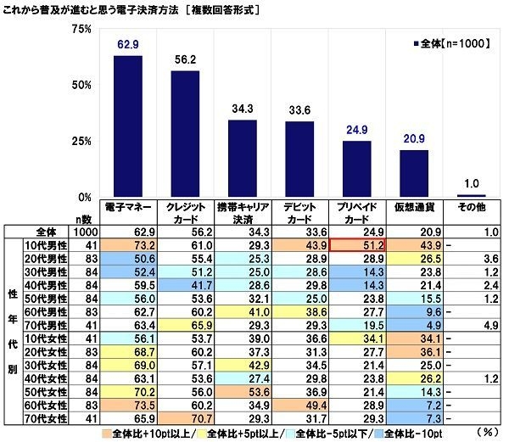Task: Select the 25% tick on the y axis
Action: pos(58,141)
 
